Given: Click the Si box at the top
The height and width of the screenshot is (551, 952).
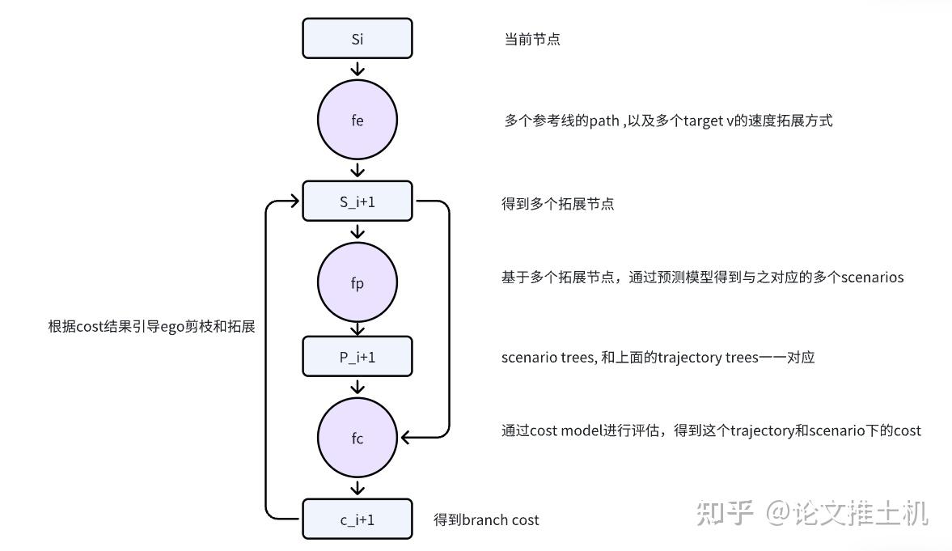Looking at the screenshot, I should pos(357,39).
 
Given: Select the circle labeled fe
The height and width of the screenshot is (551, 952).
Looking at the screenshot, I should pos(357,121).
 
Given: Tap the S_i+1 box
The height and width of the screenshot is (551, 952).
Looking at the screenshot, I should pos(357,201).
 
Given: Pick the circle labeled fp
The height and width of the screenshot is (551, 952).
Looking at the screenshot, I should pos(357,283).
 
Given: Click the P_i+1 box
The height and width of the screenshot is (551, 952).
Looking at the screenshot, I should pos(357,357).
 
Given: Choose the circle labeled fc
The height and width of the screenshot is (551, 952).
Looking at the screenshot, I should pos(357,439).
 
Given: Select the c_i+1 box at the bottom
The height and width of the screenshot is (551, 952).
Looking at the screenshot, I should pos(357,519).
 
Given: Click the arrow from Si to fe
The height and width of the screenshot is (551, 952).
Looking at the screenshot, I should pos(357,69).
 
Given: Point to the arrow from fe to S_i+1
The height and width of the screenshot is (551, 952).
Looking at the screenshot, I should pos(357,170).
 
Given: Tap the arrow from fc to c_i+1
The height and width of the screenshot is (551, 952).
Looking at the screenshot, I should pos(357,488).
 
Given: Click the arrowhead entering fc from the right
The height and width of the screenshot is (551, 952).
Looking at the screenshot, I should pos(407,438).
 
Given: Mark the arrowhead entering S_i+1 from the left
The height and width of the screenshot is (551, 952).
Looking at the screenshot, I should pos(295,201).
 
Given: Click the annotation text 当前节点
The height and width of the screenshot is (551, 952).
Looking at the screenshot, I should pos(531,40).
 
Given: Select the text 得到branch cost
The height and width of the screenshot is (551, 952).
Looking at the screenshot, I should pos(486,520).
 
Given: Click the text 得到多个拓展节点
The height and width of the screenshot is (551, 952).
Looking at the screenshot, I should pos(557,204).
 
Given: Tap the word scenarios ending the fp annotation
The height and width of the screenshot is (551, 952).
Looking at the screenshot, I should pos(872,278).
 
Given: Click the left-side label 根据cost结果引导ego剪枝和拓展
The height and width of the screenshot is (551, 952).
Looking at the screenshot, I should pos(151,327).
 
